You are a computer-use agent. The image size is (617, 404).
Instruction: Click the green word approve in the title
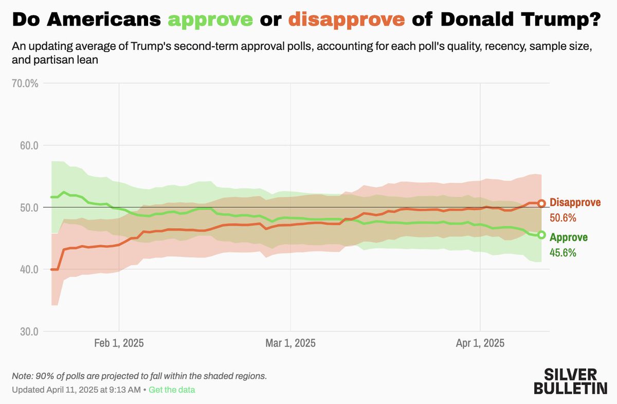[211, 20]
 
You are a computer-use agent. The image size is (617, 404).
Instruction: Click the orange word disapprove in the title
[347, 20]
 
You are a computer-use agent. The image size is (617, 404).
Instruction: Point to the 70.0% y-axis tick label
[26, 83]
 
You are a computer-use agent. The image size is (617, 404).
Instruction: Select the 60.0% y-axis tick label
[26, 145]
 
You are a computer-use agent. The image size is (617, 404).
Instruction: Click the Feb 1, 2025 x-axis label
[119, 343]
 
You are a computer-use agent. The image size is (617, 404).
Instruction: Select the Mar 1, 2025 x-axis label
[291, 343]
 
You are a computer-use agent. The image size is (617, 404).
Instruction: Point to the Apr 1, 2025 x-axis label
[480, 343]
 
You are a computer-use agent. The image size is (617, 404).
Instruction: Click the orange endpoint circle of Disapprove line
[541, 204]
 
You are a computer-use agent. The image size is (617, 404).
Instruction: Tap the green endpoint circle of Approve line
[541, 235]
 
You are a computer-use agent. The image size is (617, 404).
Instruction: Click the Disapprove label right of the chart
[575, 202]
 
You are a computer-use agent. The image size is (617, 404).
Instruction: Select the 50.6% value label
[563, 218]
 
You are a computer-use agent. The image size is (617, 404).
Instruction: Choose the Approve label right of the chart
[569, 237]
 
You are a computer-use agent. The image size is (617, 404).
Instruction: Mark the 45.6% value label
[563, 253]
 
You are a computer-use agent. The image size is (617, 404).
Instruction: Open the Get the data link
[172, 390]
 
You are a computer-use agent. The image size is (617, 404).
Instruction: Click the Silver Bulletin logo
[570, 381]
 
